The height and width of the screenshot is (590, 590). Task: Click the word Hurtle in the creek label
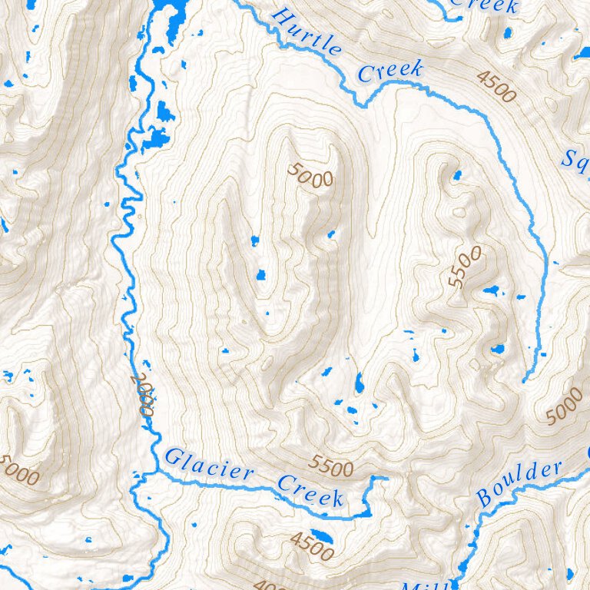pos(307,31)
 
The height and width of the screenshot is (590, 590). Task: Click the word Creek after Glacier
pos(310,492)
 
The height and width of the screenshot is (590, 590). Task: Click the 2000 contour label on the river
pos(143,394)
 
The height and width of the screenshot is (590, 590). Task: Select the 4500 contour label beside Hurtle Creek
pos(496,86)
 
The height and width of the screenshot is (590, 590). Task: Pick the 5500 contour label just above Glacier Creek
pos(331,466)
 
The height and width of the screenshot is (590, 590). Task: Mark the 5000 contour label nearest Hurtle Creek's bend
pos(312,175)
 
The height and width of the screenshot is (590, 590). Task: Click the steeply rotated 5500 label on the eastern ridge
pos(466,267)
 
